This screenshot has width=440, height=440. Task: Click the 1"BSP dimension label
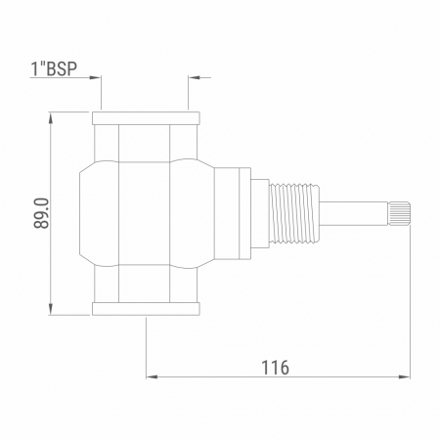[54, 68]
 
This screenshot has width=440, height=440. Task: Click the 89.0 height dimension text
[42, 213]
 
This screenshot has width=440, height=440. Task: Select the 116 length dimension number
[276, 368]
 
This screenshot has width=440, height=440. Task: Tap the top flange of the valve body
[146, 118]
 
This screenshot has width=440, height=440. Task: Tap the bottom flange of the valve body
[146, 309]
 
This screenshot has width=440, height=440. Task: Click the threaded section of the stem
[293, 213]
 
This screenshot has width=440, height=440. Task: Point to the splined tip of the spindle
[399, 213]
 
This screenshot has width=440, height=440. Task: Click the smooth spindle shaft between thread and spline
[353, 213]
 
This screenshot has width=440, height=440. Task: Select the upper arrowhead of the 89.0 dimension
[51, 117]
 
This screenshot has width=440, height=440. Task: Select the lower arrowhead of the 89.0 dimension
[51, 309]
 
